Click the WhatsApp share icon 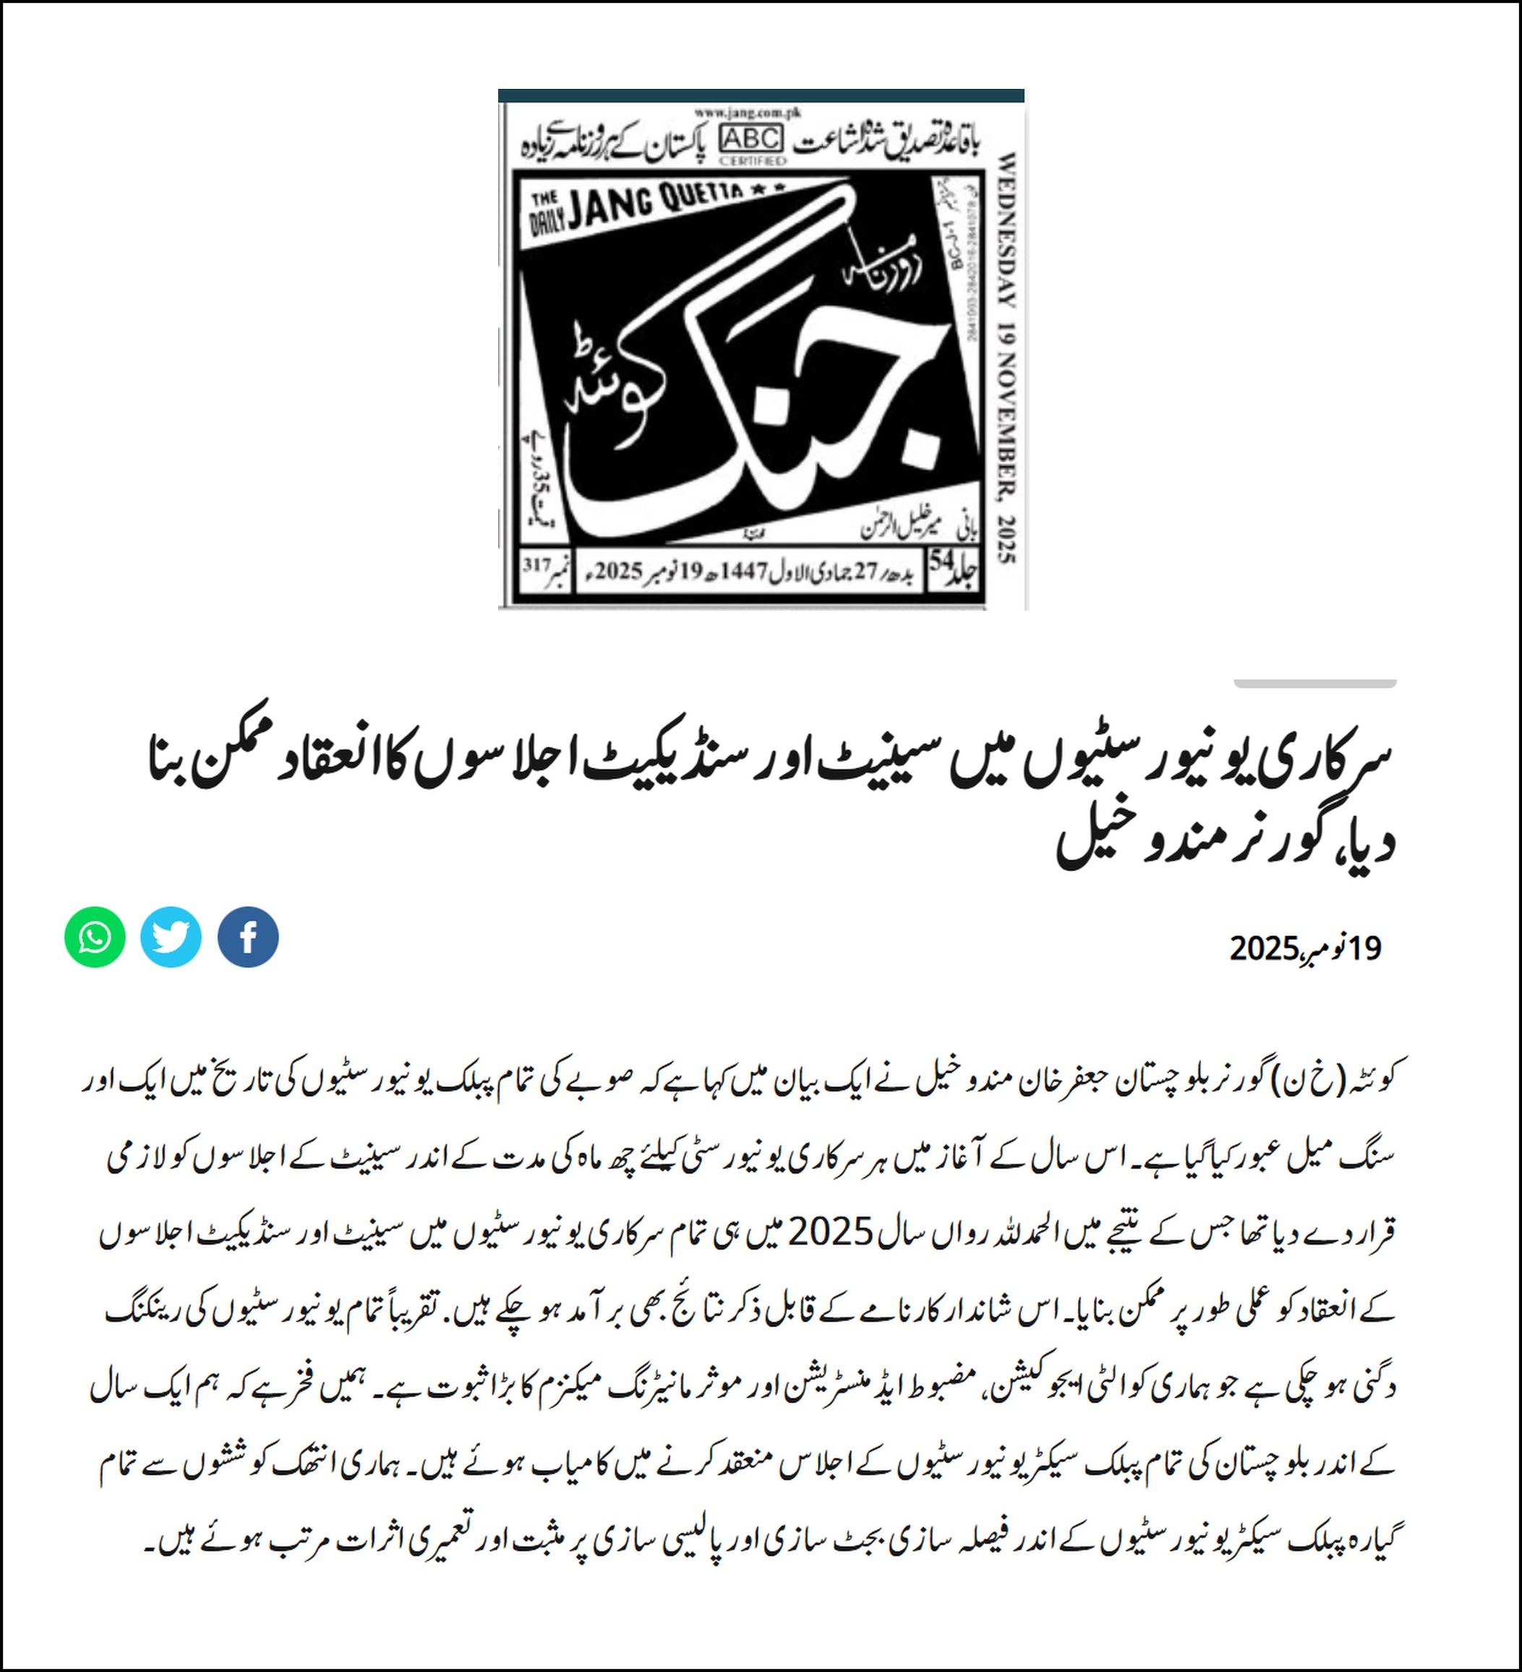(95, 937)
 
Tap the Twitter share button (171, 937)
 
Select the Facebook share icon (248, 937)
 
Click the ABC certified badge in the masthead (752, 140)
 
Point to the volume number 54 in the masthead (941, 562)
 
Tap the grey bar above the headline (1314, 683)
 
